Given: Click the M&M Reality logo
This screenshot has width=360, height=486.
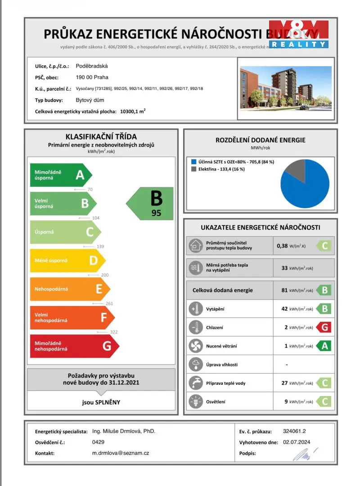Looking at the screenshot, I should click(298, 34).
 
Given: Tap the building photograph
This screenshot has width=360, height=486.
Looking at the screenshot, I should click(286, 88).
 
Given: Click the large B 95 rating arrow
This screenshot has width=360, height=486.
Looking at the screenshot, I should click(150, 203).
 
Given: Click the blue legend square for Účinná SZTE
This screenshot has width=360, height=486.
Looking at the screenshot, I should click(193, 162).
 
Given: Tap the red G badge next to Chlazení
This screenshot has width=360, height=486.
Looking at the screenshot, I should click(324, 327).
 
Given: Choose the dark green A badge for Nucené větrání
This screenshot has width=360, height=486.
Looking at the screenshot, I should click(324, 346).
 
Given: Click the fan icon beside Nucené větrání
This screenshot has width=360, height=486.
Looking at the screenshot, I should click(196, 346).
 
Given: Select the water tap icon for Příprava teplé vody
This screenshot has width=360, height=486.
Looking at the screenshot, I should click(196, 383).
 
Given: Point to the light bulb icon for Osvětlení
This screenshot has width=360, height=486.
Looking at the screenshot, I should click(196, 401).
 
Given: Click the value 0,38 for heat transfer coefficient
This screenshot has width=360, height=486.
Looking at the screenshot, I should click(282, 246).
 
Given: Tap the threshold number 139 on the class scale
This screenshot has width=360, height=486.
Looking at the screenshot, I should click(100, 247).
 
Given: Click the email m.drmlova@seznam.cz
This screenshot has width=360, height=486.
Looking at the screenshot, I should click(120, 453).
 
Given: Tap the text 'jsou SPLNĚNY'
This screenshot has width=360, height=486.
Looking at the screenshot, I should click(101, 402).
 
